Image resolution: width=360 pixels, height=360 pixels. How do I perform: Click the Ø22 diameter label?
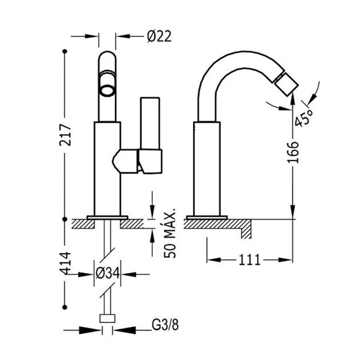tap(159, 36)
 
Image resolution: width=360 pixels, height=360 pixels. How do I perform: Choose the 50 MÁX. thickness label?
tap(171, 232)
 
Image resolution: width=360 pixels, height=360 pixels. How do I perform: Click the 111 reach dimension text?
tap(250, 260)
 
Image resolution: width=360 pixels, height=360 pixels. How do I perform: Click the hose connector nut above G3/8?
tap(107, 318)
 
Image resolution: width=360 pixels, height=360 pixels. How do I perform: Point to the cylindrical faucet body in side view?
tap(207, 168)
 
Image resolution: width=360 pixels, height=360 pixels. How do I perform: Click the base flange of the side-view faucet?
tap(206, 217)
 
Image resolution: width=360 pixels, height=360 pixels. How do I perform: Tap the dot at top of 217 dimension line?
tap(64, 51)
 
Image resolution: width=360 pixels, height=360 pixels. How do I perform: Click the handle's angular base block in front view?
tap(150, 161)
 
